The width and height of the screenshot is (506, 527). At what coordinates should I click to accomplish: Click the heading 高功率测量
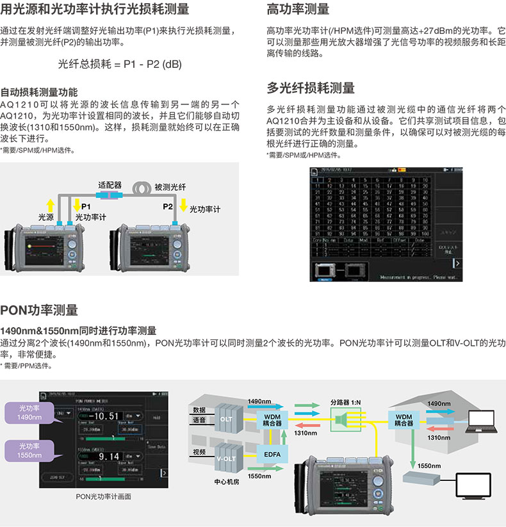[298, 9]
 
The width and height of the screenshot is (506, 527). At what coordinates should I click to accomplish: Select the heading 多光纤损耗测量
[310, 88]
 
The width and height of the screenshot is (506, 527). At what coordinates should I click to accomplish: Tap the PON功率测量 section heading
[39, 311]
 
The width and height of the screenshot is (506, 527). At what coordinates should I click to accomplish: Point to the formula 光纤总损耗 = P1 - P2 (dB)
[120, 64]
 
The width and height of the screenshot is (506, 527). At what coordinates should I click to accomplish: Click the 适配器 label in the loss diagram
[110, 184]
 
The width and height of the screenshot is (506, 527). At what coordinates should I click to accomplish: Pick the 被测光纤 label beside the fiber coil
[170, 187]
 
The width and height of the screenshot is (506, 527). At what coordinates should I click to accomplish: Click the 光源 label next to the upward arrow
[46, 218]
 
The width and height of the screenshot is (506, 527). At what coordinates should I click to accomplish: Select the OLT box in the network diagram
[227, 418]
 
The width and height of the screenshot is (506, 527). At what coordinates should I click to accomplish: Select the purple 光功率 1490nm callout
[28, 412]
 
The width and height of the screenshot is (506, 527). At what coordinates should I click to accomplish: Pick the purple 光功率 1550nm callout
[28, 450]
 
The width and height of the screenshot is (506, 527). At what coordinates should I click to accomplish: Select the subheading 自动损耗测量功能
[39, 92]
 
